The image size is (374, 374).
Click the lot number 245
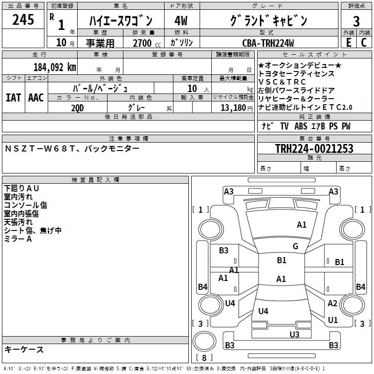click(x=23, y=20)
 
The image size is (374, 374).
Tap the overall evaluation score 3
click(x=356, y=21)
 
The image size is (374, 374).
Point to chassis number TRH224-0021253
click(x=314, y=149)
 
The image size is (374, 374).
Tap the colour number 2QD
click(x=78, y=107)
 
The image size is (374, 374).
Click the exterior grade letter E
click(x=348, y=43)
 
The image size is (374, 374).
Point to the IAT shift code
click(x=13, y=98)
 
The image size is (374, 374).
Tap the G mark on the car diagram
click(x=295, y=246)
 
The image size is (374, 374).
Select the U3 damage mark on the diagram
click(x=294, y=334)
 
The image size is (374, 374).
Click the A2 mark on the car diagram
click(x=332, y=303)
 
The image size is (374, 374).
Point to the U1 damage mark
click(x=332, y=320)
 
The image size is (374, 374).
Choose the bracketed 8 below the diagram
click(x=204, y=358)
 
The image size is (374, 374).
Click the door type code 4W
click(x=181, y=21)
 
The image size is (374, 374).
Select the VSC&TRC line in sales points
click(x=282, y=82)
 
